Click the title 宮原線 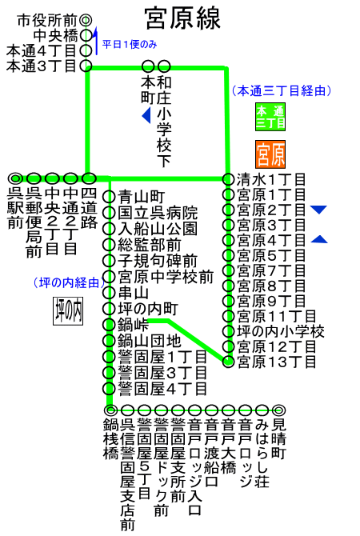[182, 18]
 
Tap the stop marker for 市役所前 [86, 20]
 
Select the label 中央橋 [56, 35]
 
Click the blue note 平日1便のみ [130, 44]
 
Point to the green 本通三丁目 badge [270, 117]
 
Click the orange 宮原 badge [270, 154]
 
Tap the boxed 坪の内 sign [68, 310]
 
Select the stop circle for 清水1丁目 [228, 179]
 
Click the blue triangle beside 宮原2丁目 [318, 209]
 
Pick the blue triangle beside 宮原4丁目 [319, 239]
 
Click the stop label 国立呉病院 [158, 213]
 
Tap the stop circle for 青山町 [109, 197]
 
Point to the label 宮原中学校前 [166, 278]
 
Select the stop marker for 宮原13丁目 [228, 362]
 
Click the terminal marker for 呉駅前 [16, 178]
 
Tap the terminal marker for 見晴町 [279, 410]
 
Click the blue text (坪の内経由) [70, 282]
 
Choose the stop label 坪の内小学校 [281, 331]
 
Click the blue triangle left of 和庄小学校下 [146, 115]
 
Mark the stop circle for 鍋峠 [109, 324]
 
